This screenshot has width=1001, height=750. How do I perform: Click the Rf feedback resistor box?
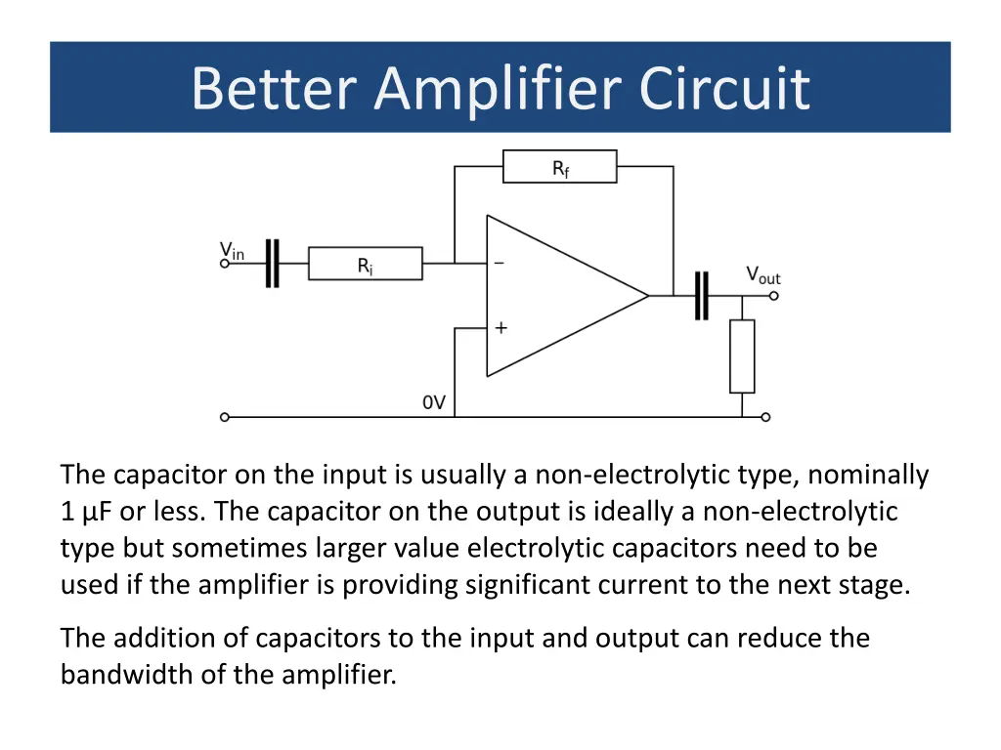pyautogui.click(x=560, y=166)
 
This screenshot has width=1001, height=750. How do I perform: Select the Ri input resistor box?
pyautogui.click(x=366, y=264)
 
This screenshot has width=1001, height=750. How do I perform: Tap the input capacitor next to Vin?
pyautogui.click(x=273, y=264)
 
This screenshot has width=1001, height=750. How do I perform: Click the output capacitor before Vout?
pyautogui.click(x=702, y=296)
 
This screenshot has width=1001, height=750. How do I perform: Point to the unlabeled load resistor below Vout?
pyautogui.click(x=742, y=356)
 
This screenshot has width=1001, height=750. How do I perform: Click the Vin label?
pyautogui.click(x=232, y=251)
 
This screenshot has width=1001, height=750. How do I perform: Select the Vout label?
pyautogui.click(x=763, y=275)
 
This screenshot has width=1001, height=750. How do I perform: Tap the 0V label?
pyautogui.click(x=434, y=402)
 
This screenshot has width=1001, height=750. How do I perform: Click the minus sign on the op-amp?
pyautogui.click(x=500, y=263)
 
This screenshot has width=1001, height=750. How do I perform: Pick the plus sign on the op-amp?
pyautogui.click(x=501, y=328)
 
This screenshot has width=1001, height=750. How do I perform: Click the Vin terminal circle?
pyautogui.click(x=224, y=264)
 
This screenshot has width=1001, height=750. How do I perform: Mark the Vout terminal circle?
pyautogui.click(x=774, y=296)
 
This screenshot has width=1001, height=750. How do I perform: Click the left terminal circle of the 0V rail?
pyautogui.click(x=224, y=417)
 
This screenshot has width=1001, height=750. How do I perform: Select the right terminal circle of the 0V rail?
pyautogui.click(x=766, y=417)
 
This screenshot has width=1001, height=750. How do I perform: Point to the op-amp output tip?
pyautogui.click(x=649, y=296)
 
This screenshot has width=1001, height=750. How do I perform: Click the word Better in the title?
pyautogui.click(x=274, y=88)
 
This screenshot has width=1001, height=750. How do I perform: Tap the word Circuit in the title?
pyautogui.click(x=724, y=88)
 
